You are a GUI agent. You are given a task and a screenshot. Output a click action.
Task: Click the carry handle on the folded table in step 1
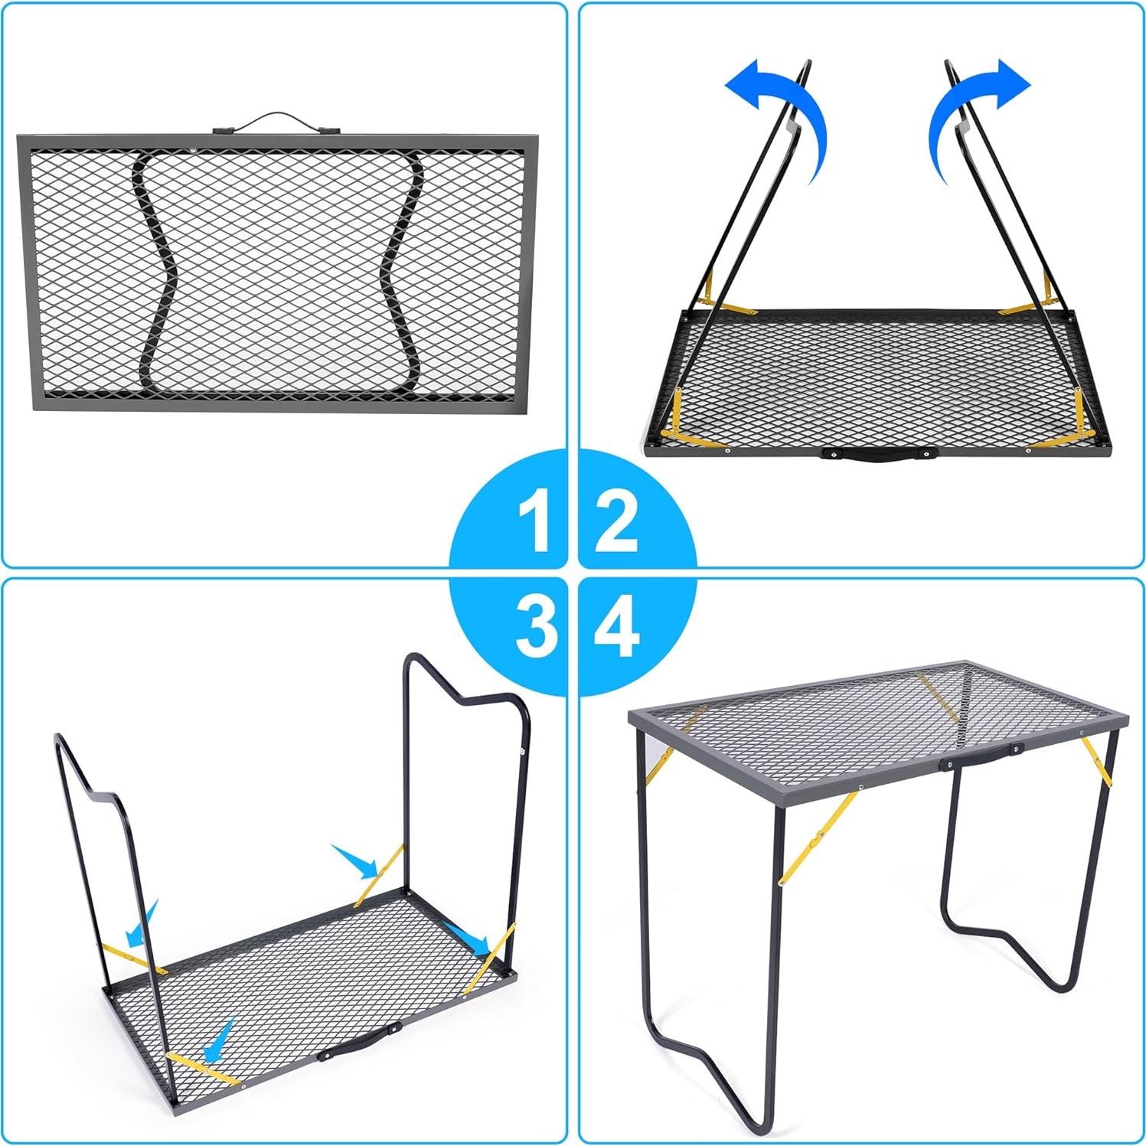273,122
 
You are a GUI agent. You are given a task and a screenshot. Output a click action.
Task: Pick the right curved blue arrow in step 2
972,107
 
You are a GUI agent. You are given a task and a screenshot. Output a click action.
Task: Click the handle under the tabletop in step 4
984,758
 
